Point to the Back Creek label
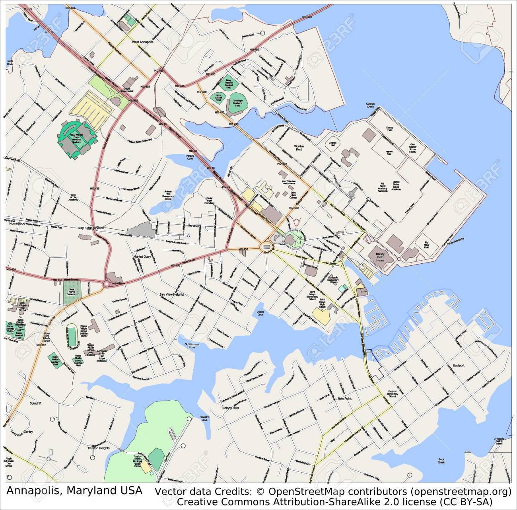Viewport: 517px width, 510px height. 441,461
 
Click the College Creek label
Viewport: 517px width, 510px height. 370,105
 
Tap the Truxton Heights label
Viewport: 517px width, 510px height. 98,448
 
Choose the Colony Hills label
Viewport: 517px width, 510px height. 230,408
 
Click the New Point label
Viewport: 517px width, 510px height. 344,398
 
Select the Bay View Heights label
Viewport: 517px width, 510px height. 171,294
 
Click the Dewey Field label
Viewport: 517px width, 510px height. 389,129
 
